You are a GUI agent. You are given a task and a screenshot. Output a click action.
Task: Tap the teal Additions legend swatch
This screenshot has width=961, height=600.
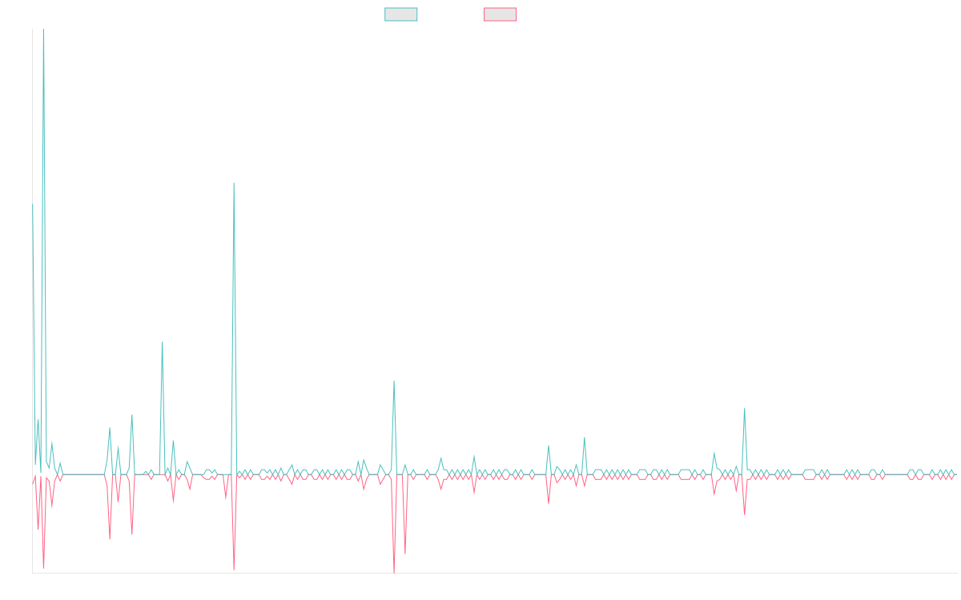[x=401, y=14]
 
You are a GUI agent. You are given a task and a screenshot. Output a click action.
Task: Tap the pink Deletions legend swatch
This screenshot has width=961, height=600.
[x=500, y=14]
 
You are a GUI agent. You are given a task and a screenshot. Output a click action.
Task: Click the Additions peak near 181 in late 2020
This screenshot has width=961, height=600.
[x=234, y=183]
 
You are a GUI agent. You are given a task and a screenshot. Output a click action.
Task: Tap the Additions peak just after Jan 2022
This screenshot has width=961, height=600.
[x=393, y=381]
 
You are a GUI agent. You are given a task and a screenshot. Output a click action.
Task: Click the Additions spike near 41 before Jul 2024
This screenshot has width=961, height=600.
[x=745, y=409]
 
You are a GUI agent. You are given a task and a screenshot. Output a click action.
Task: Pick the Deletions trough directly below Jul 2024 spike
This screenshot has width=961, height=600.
[x=745, y=514]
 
